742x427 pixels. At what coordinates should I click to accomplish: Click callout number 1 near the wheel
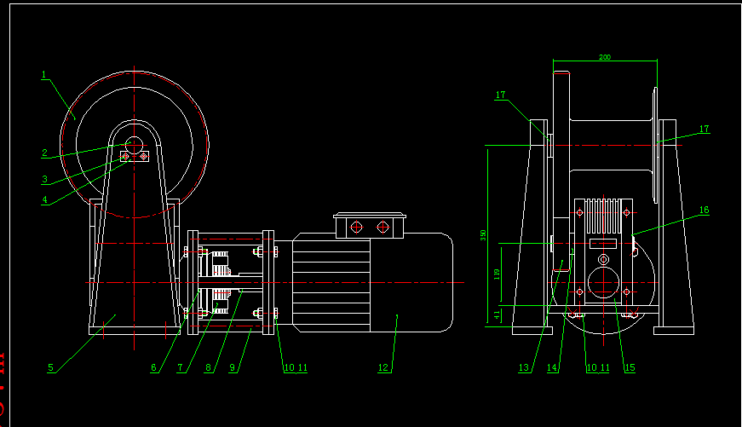click(x=43, y=75)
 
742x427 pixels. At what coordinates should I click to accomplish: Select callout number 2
click(x=43, y=153)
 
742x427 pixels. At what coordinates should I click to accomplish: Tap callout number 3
click(x=43, y=180)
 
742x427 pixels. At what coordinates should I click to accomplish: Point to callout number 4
click(x=43, y=201)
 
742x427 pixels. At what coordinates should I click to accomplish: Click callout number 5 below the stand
click(x=50, y=367)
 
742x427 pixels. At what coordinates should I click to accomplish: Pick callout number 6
click(x=154, y=368)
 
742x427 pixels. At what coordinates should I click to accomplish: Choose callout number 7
click(x=181, y=368)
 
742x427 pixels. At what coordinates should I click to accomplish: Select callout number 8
click(x=207, y=368)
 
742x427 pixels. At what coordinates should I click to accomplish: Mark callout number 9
click(x=233, y=368)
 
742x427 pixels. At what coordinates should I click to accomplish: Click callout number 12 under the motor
click(x=383, y=368)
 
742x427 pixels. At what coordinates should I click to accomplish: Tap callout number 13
click(x=524, y=368)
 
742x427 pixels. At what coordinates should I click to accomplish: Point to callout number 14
click(x=552, y=368)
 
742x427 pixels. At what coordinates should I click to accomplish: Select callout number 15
click(x=630, y=368)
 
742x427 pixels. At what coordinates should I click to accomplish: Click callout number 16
click(x=704, y=209)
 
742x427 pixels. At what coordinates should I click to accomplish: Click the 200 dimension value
click(x=605, y=57)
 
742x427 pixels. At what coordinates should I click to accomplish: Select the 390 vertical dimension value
click(x=482, y=234)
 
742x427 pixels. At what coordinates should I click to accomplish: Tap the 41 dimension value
click(x=497, y=314)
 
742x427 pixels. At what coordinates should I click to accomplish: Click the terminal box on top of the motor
click(x=370, y=226)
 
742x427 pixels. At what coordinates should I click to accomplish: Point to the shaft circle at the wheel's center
click(x=134, y=144)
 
